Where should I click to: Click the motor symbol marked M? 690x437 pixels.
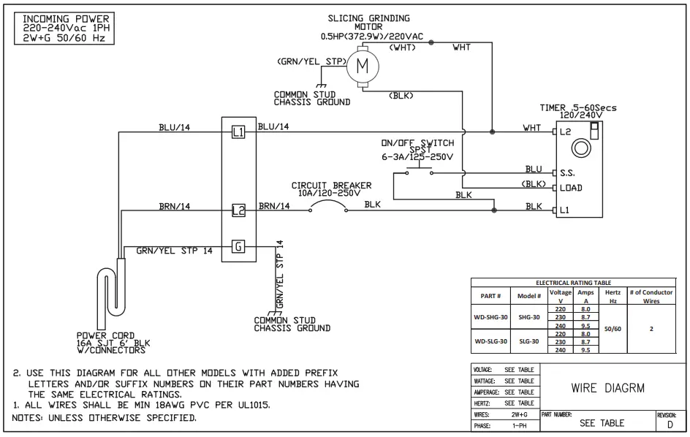(x=362, y=67)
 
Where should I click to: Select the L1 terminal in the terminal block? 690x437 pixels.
(x=238, y=132)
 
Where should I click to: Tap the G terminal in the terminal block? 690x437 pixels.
(x=238, y=246)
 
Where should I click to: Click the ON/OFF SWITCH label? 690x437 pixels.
(x=417, y=143)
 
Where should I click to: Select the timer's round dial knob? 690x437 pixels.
(x=582, y=147)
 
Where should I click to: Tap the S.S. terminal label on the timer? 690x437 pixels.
(x=567, y=174)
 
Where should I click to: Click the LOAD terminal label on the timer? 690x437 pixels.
(x=571, y=189)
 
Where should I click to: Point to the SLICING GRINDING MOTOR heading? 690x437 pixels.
(x=369, y=23)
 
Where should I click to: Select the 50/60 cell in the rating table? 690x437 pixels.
(x=613, y=329)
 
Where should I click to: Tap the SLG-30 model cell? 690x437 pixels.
(x=528, y=341)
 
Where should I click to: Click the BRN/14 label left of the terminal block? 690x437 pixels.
(x=175, y=207)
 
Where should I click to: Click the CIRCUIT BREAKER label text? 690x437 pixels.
(x=331, y=186)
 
